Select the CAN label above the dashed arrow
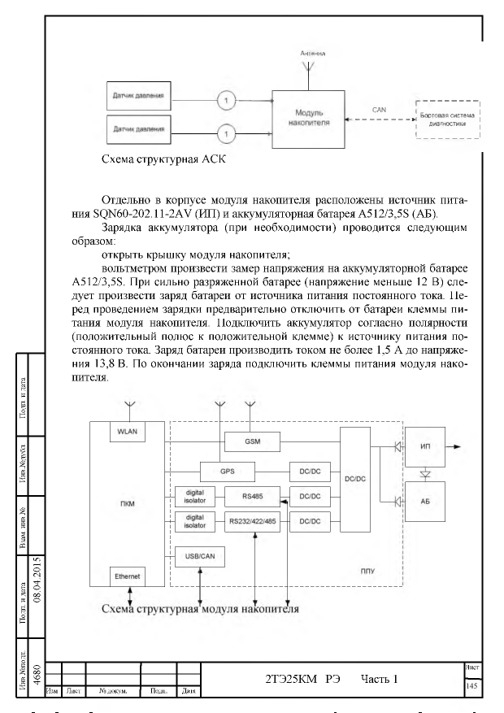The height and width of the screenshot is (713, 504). [x=379, y=110]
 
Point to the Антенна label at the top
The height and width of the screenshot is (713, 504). [x=313, y=54]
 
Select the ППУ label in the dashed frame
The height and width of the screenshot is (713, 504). [x=367, y=571]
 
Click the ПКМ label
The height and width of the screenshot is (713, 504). [x=128, y=504]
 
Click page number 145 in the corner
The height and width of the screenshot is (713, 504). [x=471, y=685]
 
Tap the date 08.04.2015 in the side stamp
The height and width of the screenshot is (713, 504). [x=37, y=580]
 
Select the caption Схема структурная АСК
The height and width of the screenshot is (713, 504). [x=163, y=159]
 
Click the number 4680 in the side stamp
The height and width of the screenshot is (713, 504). [x=37, y=676]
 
